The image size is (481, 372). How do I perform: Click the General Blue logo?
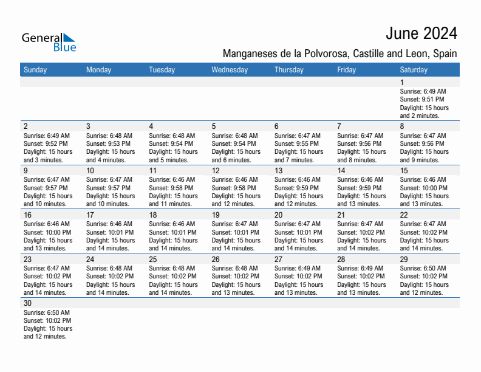pyautogui.click(x=49, y=42)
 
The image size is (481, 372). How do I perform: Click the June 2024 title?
pyautogui.click(x=421, y=33)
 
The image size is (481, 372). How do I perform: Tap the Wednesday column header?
pyautogui.click(x=230, y=70)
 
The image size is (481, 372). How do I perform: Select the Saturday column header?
pyautogui.click(x=414, y=70)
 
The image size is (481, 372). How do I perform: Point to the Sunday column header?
pyautogui.click(x=35, y=70)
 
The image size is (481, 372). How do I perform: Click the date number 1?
pyautogui.click(x=402, y=83)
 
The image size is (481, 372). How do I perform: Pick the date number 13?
pyautogui.click(x=279, y=171)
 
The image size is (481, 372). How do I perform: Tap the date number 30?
pyautogui.click(x=27, y=303)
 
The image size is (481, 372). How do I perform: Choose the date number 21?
pyautogui.click(x=341, y=215)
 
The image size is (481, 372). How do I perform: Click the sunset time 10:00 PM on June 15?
pyautogui.click(x=424, y=188)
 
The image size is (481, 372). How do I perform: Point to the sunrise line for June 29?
pyautogui.click(x=423, y=268)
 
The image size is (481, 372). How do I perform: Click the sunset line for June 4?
pyautogui.click(x=171, y=144)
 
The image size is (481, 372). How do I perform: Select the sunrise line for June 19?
pyautogui.click(x=234, y=224)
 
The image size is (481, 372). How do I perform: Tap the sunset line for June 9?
pyautogui.click(x=46, y=188)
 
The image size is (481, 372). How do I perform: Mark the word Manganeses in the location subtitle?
pyautogui.click(x=249, y=53)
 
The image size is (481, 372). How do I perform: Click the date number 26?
pyautogui.click(x=216, y=260)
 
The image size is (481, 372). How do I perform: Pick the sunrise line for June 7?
pyautogui.click(x=360, y=136)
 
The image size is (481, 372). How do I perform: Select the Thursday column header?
pyautogui.click(x=289, y=70)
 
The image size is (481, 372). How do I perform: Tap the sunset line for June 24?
pyautogui.click(x=109, y=276)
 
